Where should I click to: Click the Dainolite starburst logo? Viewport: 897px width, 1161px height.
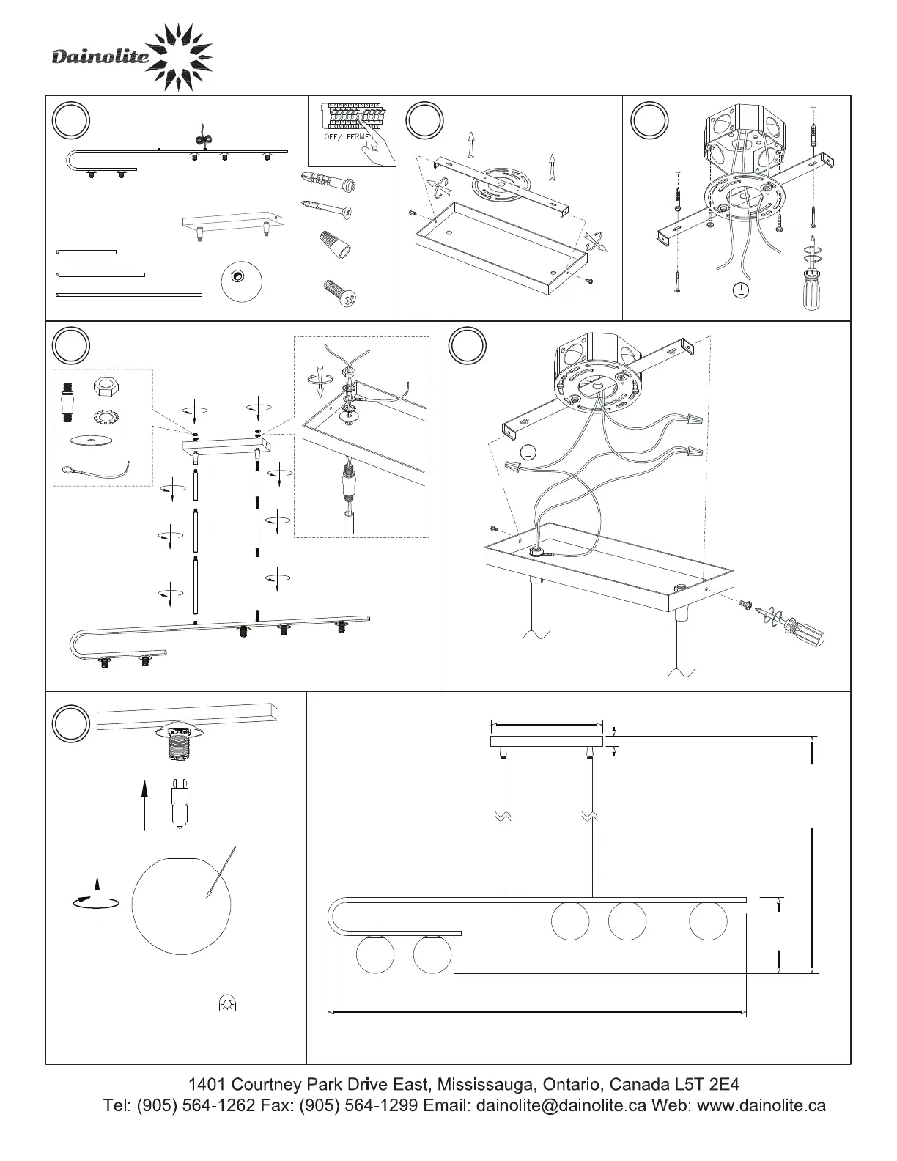click(179, 58)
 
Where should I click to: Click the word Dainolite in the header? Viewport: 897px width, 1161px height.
click(100, 56)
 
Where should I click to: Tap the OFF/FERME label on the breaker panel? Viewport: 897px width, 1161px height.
click(347, 137)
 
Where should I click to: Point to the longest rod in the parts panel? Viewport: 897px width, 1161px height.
click(129, 295)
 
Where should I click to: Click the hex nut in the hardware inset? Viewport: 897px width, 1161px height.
click(104, 388)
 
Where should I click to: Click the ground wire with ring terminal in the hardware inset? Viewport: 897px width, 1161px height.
click(95, 470)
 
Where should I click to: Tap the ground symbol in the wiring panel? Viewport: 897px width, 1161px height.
click(527, 451)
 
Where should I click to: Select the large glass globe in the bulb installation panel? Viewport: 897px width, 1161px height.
click(180, 904)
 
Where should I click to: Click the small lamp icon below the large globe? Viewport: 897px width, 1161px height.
click(228, 1003)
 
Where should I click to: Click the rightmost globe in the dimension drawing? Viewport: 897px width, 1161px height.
click(709, 921)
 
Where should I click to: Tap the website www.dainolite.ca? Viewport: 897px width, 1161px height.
click(761, 1105)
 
